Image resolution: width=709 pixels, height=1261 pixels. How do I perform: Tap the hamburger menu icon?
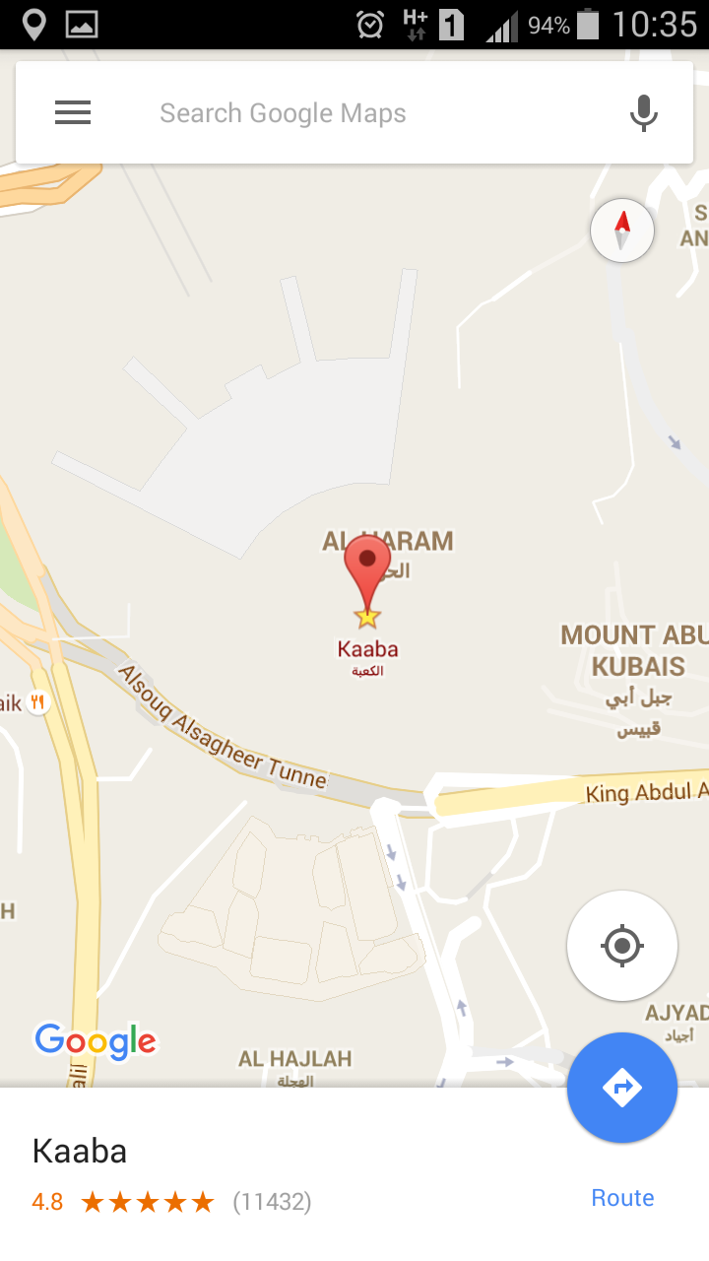click(73, 113)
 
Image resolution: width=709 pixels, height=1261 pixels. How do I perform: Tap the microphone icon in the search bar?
click(644, 113)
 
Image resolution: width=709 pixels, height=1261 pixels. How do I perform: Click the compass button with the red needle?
click(622, 231)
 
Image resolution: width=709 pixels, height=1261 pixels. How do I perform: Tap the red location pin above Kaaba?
click(367, 568)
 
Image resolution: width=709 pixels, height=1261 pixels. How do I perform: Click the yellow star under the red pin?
click(367, 618)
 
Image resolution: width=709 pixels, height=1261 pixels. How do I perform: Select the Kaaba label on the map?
click(367, 649)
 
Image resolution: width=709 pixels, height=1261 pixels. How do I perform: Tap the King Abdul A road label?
click(646, 791)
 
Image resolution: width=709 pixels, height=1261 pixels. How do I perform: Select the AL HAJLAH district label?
click(294, 1059)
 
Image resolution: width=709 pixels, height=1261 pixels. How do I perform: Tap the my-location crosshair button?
click(622, 946)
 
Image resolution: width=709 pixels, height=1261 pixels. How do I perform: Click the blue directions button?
click(622, 1088)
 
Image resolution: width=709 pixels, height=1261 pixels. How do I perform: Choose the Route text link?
click(622, 1198)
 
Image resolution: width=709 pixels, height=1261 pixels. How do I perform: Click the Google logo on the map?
click(96, 1040)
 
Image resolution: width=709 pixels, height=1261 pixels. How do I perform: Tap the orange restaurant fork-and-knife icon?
click(38, 702)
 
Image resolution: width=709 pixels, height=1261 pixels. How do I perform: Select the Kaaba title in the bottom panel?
click(80, 1151)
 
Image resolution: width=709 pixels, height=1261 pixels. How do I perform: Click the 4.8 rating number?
click(47, 1202)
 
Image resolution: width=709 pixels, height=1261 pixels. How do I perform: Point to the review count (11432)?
click(272, 1202)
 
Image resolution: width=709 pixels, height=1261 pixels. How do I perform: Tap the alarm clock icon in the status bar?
click(370, 24)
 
